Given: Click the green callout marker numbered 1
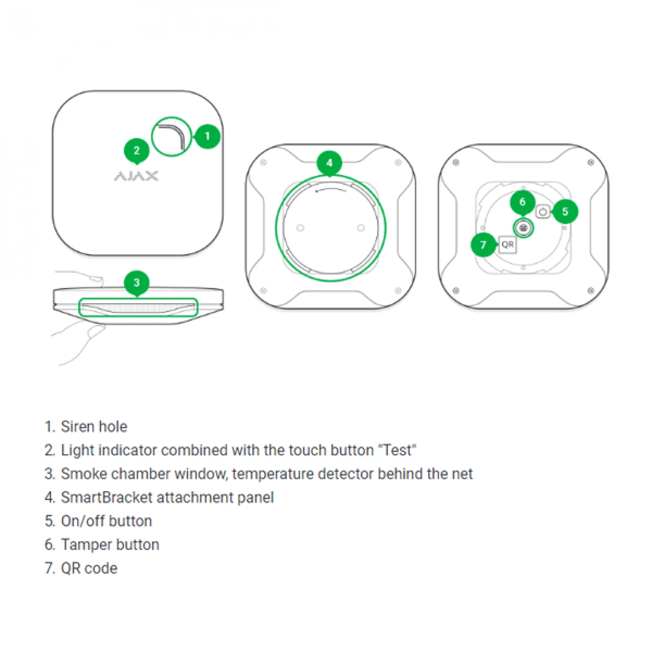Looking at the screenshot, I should [207, 136].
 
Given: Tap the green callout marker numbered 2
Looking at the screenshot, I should [136, 150].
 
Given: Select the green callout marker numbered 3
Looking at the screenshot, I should [136, 282].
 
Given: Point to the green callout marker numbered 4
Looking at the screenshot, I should [329, 163].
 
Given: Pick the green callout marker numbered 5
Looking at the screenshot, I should [565, 211].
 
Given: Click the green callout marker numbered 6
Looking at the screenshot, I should [522, 202].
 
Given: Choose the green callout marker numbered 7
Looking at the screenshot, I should [483, 244].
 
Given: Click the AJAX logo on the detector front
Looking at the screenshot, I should [136, 176].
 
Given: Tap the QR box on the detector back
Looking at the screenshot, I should [508, 244].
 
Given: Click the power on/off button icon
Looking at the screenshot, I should [543, 212].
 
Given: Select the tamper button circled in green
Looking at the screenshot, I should [523, 228].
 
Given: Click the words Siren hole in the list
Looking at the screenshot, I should [94, 426].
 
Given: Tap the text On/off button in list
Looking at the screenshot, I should [106, 521].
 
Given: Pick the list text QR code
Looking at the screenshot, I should [89, 568].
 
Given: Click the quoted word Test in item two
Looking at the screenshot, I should [397, 450].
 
